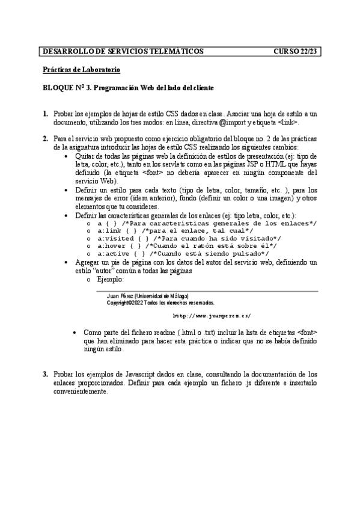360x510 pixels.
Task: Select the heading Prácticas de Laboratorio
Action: [82, 70]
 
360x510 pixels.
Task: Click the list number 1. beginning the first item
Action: [46, 113]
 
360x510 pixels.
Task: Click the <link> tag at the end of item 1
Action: [288, 121]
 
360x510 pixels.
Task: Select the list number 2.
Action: [46, 139]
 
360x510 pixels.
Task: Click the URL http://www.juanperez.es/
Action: [212, 315]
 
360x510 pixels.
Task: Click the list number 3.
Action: [46, 374]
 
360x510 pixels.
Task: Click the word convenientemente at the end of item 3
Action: [81, 391]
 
